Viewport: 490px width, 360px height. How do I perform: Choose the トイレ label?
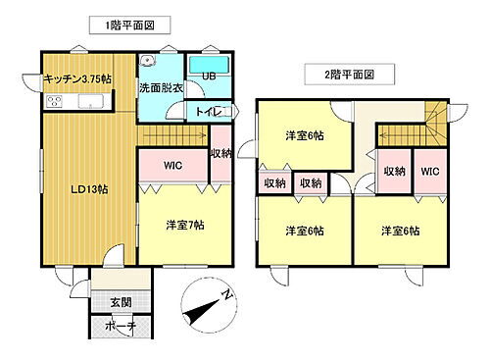(x=208, y=113)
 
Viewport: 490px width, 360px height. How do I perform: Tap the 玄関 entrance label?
(x=121, y=301)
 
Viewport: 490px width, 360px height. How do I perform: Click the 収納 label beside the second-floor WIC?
(x=395, y=173)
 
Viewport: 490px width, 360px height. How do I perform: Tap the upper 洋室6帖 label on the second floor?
(x=303, y=135)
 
